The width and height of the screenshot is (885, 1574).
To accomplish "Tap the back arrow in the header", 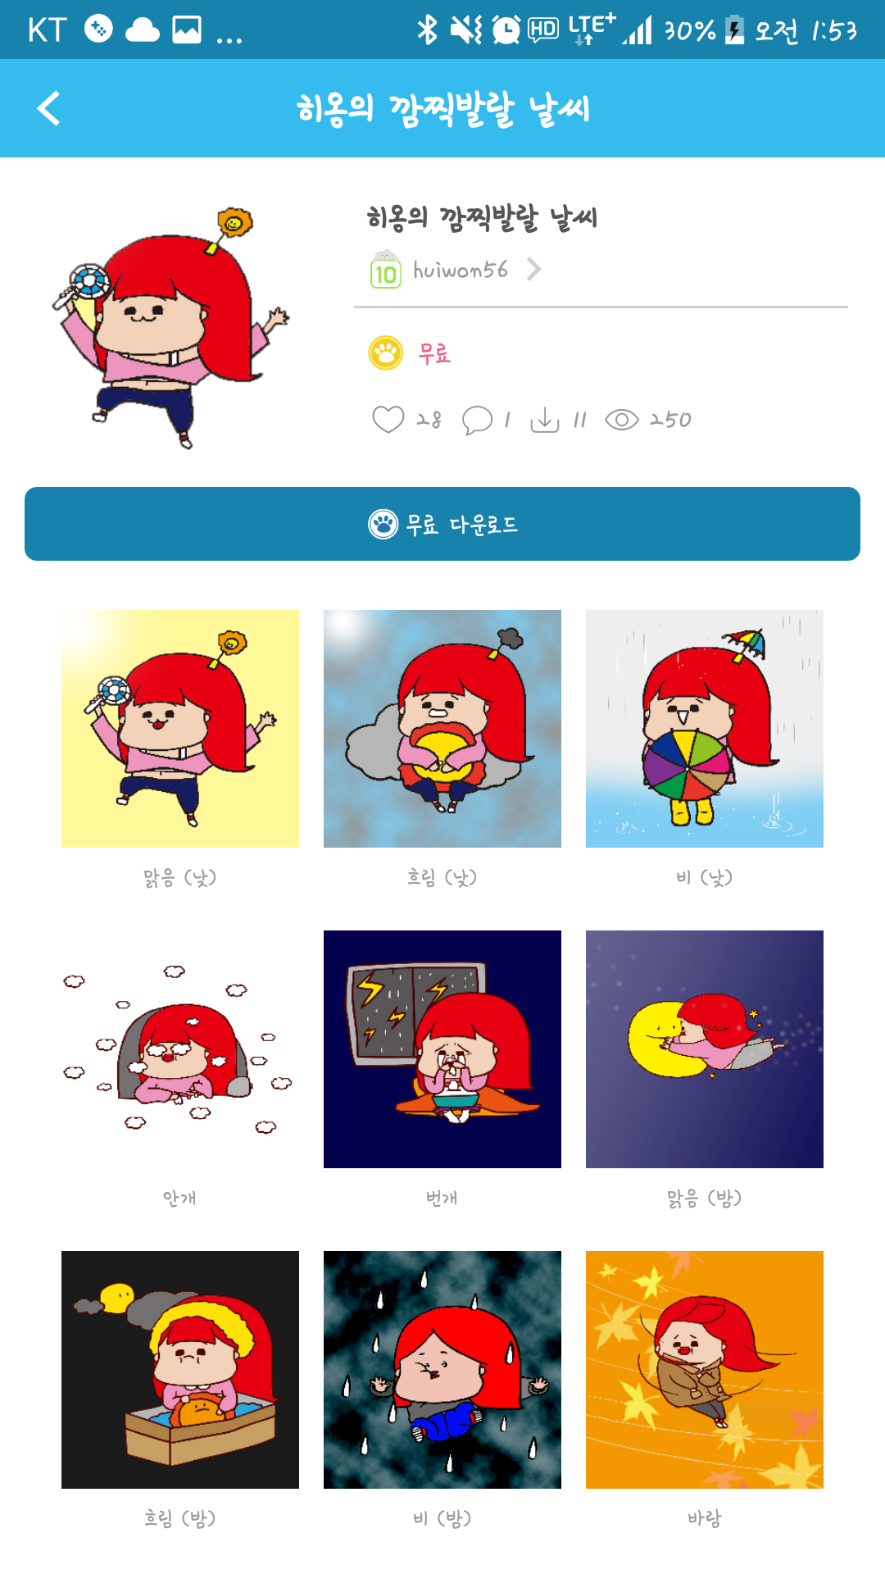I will pyautogui.click(x=49, y=108).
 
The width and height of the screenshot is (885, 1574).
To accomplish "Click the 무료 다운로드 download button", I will pyautogui.click(x=442, y=524).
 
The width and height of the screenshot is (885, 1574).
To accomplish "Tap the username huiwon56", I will pyautogui.click(x=461, y=270).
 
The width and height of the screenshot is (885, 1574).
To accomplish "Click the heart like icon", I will pyautogui.click(x=388, y=419).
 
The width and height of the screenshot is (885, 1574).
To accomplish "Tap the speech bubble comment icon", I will pyautogui.click(x=477, y=420).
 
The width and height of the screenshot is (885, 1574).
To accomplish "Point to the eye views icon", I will pyautogui.click(x=621, y=420).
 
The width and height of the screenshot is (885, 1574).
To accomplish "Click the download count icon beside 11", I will pyautogui.click(x=545, y=420).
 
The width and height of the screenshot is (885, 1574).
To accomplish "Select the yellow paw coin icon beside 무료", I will pyautogui.click(x=386, y=353).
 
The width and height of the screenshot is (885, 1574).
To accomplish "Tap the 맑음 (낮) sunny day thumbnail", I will pyautogui.click(x=180, y=728).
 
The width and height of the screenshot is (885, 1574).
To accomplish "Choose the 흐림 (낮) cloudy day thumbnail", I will pyautogui.click(x=442, y=728).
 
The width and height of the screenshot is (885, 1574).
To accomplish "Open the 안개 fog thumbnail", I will pyautogui.click(x=180, y=1049).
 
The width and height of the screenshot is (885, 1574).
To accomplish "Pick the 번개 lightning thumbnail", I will pyautogui.click(x=442, y=1049).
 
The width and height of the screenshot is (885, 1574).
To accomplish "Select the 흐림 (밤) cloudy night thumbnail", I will pyautogui.click(x=180, y=1369).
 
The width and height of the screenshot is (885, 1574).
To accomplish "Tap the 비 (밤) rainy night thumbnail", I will pyautogui.click(x=442, y=1369).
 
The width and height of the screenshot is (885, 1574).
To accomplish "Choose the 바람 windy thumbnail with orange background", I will pyautogui.click(x=705, y=1369).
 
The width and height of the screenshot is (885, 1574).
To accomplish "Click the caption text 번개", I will pyautogui.click(x=442, y=1198).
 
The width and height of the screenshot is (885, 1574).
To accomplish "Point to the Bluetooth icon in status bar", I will pyautogui.click(x=427, y=30).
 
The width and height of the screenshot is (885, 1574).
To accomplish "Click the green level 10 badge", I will pyautogui.click(x=385, y=271).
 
